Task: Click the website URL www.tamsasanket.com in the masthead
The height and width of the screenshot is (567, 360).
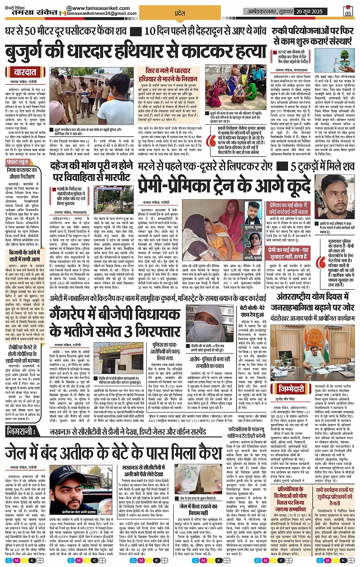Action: [x=101, y=8]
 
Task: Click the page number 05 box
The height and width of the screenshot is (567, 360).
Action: [x=348, y=11]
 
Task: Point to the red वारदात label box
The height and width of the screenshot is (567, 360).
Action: [x=25, y=72]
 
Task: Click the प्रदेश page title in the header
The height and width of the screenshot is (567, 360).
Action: [x=179, y=13]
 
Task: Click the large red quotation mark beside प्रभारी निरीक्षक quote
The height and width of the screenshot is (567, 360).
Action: [x=210, y=141]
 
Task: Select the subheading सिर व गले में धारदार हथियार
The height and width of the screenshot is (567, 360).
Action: [x=168, y=74]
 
